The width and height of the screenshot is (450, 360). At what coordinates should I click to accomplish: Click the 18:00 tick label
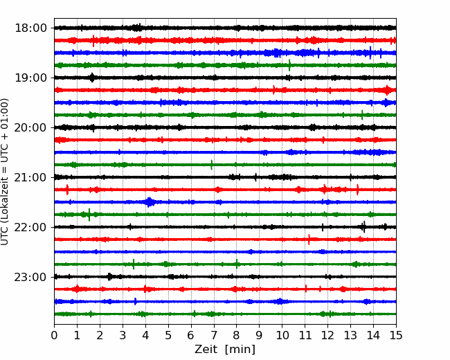(x=30, y=28)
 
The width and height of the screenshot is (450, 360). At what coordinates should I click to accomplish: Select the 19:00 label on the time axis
(x=30, y=78)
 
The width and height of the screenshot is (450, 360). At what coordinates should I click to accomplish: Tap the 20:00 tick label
(x=30, y=127)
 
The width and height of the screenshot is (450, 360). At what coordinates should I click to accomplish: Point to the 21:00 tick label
(x=30, y=177)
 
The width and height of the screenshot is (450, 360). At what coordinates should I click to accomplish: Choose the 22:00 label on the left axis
(x=30, y=227)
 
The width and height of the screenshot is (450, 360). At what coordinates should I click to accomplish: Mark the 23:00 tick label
(x=30, y=277)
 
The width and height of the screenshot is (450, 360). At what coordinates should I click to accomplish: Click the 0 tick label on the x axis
(x=54, y=335)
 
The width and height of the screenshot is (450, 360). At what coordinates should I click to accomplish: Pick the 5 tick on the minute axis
(x=168, y=335)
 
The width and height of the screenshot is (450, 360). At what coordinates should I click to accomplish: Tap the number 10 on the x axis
(x=282, y=335)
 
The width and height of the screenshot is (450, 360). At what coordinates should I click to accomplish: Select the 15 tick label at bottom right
(x=396, y=335)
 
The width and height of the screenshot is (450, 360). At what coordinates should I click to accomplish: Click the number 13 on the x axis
(x=351, y=335)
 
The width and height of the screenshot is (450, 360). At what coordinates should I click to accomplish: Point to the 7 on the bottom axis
(x=214, y=335)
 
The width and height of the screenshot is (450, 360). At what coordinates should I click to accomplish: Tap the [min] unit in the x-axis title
(x=240, y=350)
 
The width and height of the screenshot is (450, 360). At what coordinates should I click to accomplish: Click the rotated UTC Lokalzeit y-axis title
(x=4, y=172)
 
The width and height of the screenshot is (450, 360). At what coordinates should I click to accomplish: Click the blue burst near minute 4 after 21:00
(x=149, y=202)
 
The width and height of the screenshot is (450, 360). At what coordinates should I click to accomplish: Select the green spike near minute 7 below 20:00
(x=212, y=165)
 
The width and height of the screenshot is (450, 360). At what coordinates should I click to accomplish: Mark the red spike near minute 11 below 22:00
(x=309, y=240)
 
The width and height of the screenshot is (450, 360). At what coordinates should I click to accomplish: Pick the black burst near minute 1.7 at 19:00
(x=92, y=78)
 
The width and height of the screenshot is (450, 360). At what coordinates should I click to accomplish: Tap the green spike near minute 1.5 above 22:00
(x=89, y=215)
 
